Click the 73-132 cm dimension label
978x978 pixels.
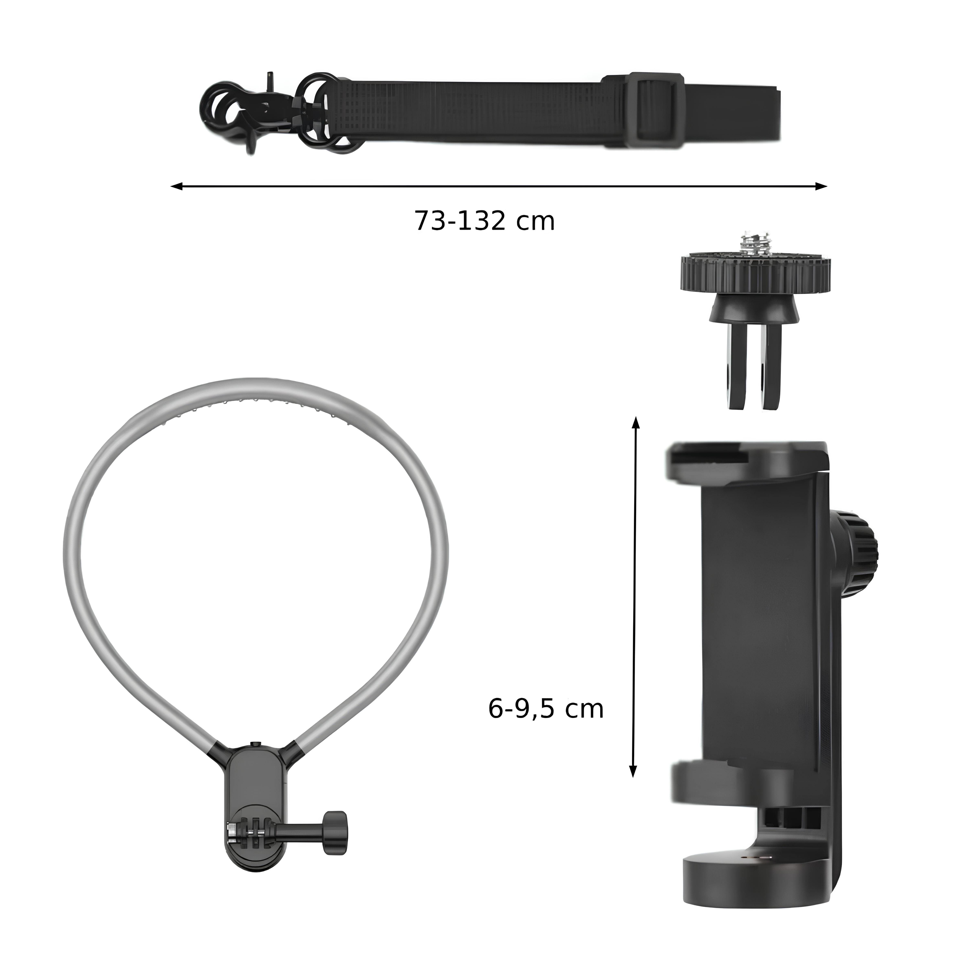click(x=485, y=221)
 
